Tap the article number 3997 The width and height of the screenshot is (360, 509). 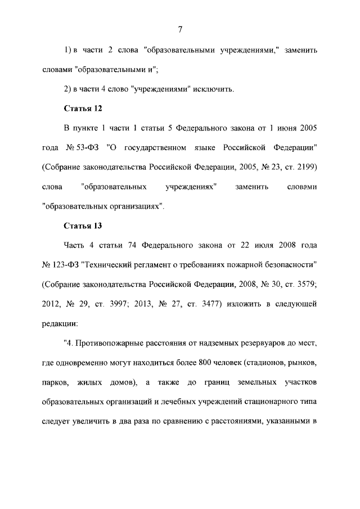point(119,304)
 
